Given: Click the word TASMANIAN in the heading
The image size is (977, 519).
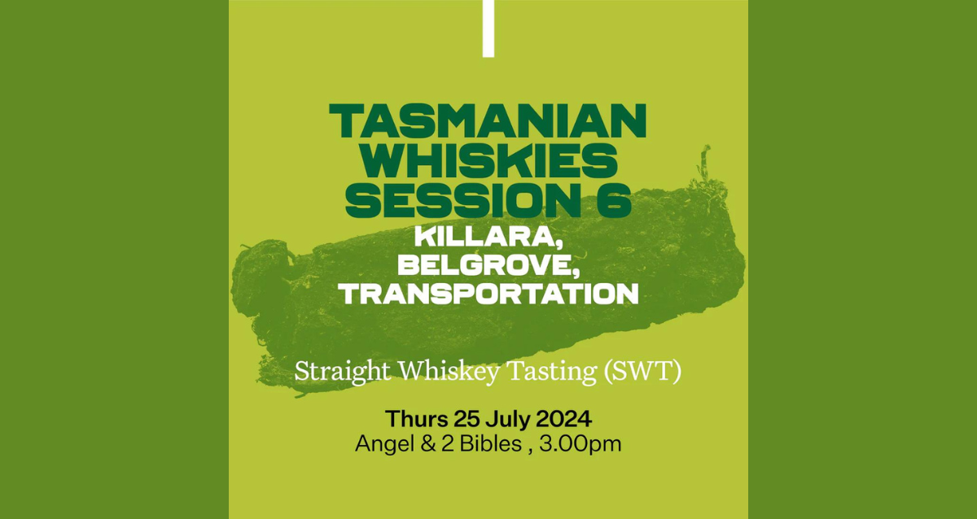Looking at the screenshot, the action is pos(488,121).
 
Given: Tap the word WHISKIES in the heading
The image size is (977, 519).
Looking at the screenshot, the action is pos(488,161).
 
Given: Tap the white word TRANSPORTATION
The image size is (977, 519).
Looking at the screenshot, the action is pos(488,294).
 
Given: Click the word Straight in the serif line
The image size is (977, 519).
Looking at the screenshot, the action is pos(343,372).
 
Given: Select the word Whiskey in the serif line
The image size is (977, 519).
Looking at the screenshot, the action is pos(450,372).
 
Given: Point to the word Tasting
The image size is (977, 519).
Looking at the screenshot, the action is pos(553,372).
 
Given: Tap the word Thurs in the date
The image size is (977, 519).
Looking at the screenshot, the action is pos(417,419).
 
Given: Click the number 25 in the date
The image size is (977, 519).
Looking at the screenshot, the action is pos(467,419).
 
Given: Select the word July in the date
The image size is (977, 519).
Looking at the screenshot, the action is pos(507,420).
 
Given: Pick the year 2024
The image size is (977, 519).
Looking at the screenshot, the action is pos(563,419).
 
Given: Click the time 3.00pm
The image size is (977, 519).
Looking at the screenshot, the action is pos(580,445).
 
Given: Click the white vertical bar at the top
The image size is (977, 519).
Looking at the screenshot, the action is pos(488,28).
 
